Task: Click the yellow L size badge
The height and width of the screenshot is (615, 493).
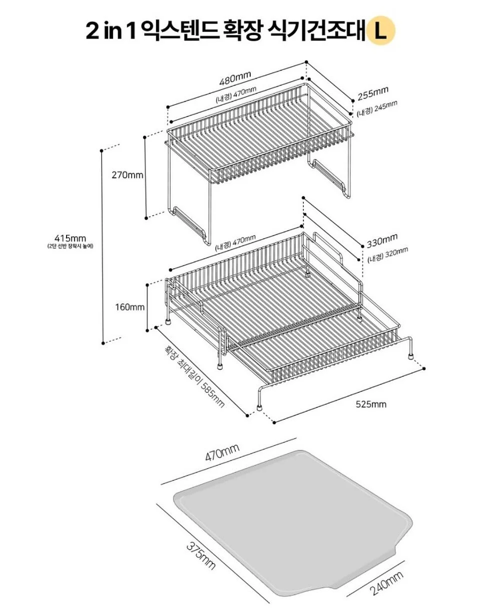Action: point(381,31)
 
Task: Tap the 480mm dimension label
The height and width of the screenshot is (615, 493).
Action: point(235,78)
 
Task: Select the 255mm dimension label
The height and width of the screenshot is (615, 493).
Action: point(373,94)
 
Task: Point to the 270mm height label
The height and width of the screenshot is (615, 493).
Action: point(128,175)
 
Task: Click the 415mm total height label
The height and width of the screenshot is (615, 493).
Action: point(70,238)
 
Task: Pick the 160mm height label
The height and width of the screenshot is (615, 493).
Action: point(130,307)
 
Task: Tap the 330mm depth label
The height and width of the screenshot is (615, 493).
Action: point(382,241)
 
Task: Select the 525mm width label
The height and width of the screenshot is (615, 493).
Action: point(371,404)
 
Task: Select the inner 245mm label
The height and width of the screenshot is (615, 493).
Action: point(377,109)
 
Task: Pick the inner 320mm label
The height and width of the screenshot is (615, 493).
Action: point(387,255)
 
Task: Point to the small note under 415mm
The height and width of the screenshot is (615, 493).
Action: point(70,246)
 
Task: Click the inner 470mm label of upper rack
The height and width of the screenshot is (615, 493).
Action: point(236,94)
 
